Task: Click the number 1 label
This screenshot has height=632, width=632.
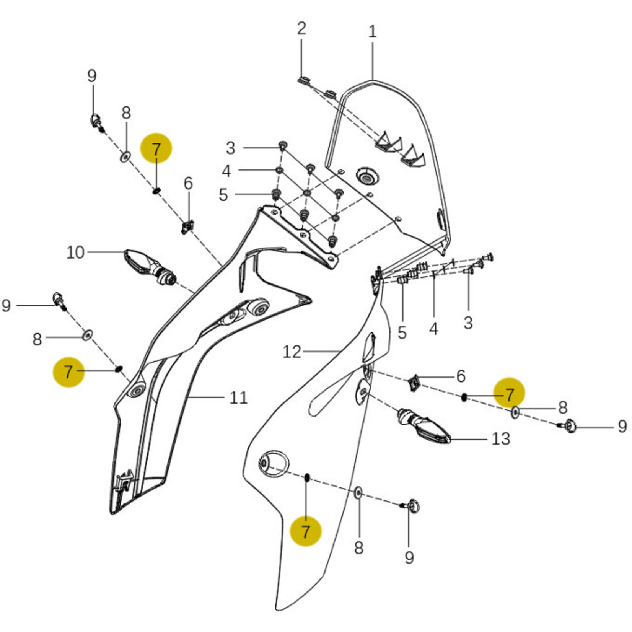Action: pos(373,32)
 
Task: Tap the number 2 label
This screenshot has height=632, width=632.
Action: pos(301,29)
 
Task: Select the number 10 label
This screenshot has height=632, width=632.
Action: pos(75,252)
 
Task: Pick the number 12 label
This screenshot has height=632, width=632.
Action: pos(292,352)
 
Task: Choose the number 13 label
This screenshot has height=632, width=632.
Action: pos(501,439)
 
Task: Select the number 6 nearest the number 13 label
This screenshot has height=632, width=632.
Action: pos(461,376)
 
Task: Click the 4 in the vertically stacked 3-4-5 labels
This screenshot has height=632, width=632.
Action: pos(226,171)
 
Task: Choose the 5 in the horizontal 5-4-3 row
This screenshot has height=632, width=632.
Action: pos(402,332)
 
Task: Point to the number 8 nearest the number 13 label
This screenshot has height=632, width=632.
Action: pos(562,407)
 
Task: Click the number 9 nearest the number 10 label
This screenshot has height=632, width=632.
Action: pos(6,306)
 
